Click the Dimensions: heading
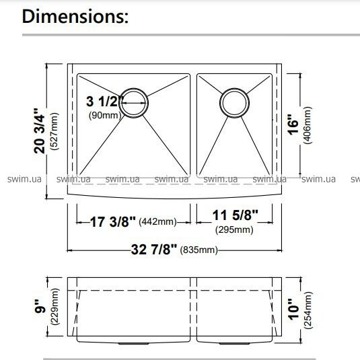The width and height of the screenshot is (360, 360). (x=75, y=16)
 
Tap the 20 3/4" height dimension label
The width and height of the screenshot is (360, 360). (x=39, y=131)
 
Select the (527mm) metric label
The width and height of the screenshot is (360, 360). (x=55, y=131)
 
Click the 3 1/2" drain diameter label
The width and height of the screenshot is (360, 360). (x=105, y=101)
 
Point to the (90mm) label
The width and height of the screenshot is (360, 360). (x=105, y=115)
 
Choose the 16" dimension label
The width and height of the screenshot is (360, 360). (x=293, y=124)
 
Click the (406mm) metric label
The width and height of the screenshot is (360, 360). (x=308, y=125)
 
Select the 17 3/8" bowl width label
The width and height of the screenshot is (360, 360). (x=113, y=222)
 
